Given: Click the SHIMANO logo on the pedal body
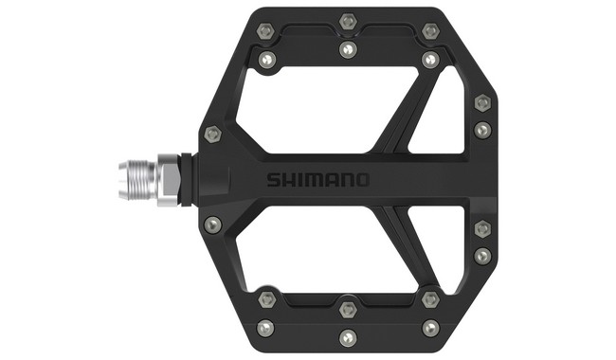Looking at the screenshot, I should point(317,180).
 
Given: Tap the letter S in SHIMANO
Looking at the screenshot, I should point(272,180).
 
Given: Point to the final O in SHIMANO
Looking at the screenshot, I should point(363,180).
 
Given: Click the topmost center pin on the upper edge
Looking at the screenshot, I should point(348,21).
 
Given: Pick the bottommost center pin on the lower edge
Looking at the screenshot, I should point(348,336).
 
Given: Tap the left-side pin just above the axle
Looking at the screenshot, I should point(212,133).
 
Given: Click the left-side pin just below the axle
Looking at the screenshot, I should point(212,224).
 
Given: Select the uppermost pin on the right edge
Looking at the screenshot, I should point(482,102).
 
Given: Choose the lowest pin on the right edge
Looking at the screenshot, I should point(482,256).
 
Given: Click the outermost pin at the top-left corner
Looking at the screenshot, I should point(265,30).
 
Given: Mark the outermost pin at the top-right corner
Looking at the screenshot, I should point(430,31).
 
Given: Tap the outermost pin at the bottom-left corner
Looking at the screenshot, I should point(265,328).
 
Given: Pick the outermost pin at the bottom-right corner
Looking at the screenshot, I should point(430,328).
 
